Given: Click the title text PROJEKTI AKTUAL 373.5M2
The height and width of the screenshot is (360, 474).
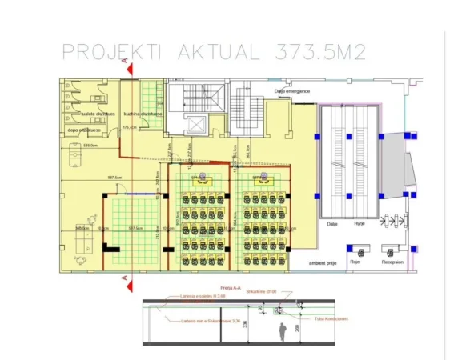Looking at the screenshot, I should [x=214, y=53].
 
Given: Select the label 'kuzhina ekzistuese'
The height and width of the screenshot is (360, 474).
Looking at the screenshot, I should [x=143, y=114].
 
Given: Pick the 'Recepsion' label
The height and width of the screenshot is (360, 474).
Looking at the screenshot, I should [x=392, y=261].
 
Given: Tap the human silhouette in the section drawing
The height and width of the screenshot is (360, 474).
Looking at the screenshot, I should [x=281, y=330].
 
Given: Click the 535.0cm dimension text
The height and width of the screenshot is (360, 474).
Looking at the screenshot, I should [x=90, y=146].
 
